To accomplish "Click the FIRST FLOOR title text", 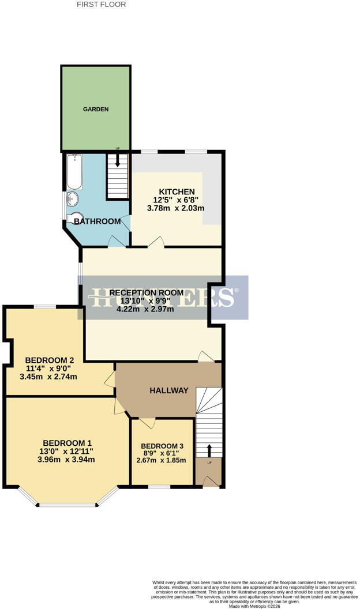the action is [x=102, y=5].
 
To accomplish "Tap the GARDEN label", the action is [x=96, y=110].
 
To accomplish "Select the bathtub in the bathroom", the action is [x=74, y=172].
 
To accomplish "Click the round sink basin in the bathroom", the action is [x=73, y=199].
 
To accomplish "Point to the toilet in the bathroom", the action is [x=74, y=217].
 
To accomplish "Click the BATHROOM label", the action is [x=97, y=221].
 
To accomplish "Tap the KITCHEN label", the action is [x=177, y=192].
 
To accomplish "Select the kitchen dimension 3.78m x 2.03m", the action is [x=175, y=208].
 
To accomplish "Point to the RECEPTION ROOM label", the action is [x=147, y=293].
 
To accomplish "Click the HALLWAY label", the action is [x=169, y=391].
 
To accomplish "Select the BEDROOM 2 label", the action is [x=49, y=360].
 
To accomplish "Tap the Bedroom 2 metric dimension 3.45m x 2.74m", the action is [x=48, y=377].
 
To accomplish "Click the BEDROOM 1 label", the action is [x=67, y=443].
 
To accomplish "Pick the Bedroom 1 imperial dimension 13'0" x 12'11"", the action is [x=66, y=452].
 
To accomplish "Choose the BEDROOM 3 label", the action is [x=162, y=446].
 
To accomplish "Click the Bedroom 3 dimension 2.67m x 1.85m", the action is [x=161, y=461].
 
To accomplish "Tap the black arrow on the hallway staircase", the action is [x=209, y=450].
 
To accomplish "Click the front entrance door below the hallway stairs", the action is [x=211, y=482].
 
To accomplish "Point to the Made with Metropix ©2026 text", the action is [x=254, y=606].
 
